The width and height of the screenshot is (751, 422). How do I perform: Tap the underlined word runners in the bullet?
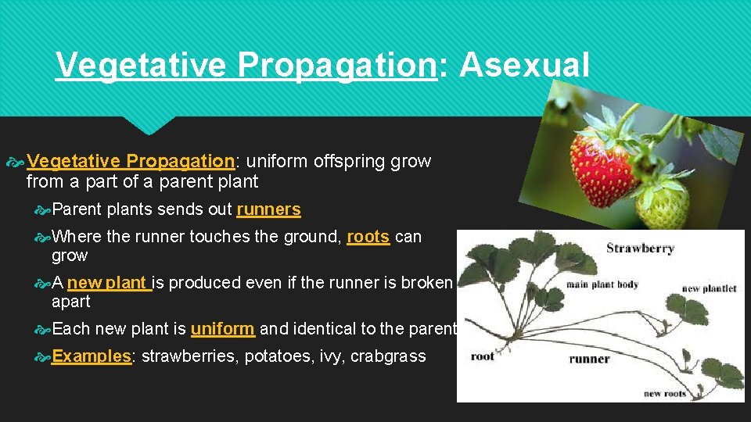click(x=268, y=209)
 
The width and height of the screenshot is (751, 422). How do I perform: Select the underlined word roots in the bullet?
click(x=368, y=237)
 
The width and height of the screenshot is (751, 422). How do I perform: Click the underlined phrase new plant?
click(x=109, y=283)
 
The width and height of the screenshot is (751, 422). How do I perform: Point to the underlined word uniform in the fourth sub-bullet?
click(x=222, y=329)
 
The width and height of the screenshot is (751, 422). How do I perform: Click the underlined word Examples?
click(x=91, y=356)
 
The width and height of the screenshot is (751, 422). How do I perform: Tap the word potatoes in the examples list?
click(x=273, y=356)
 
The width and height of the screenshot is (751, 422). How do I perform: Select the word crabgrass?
click(x=388, y=356)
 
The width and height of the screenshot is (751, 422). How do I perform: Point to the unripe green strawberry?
click(x=664, y=202)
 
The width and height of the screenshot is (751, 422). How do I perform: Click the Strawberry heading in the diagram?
click(x=640, y=249)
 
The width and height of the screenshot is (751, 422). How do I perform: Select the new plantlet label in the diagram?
click(x=709, y=288)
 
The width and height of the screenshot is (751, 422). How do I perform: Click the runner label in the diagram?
click(x=589, y=359)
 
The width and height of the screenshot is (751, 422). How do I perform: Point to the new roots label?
click(x=664, y=393)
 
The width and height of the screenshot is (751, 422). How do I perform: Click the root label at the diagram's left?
click(x=482, y=356)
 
